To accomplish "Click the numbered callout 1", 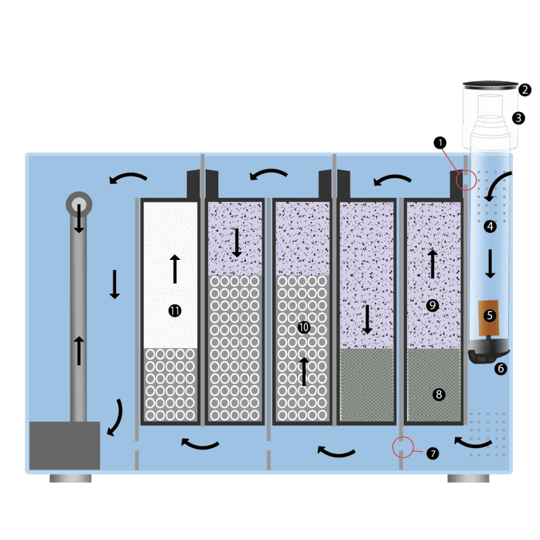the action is pyautogui.click(x=440, y=142).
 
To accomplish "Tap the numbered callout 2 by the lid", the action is pyautogui.click(x=524, y=90).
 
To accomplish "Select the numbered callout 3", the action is pyautogui.click(x=518, y=118).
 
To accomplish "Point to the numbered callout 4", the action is pyautogui.click(x=490, y=226).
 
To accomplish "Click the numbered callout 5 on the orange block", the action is pyautogui.click(x=490, y=315).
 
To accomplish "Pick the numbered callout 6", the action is pyautogui.click(x=501, y=369).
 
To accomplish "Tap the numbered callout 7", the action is pyautogui.click(x=433, y=453).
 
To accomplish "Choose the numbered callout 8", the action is pyautogui.click(x=439, y=394).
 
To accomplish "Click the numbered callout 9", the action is pyautogui.click(x=433, y=305).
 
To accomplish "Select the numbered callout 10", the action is pyautogui.click(x=304, y=327).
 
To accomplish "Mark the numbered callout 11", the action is pyautogui.click(x=175, y=311).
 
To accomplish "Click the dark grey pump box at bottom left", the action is pyautogui.click(x=65, y=446).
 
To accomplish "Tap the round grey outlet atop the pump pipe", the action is pyautogui.click(x=79, y=205).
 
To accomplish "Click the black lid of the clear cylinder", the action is pyautogui.click(x=491, y=85).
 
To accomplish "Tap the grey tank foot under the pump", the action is pyautogui.click(x=71, y=478).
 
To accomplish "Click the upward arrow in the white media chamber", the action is pyautogui.click(x=175, y=269).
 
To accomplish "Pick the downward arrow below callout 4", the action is pyautogui.click(x=490, y=264).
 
